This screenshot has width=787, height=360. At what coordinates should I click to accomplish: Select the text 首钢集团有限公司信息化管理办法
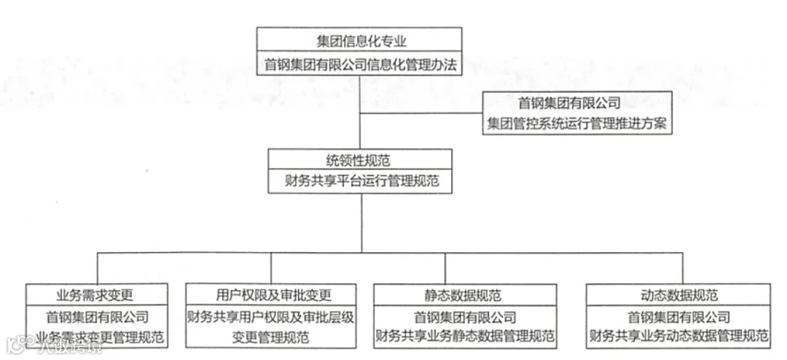(x=359, y=64)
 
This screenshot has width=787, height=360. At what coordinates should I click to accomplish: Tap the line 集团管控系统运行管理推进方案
(x=577, y=123)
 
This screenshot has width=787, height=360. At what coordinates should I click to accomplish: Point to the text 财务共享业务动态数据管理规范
(x=678, y=336)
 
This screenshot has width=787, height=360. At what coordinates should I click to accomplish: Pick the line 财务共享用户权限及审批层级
(x=271, y=317)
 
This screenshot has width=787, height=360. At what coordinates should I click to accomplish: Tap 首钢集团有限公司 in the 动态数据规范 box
(x=678, y=317)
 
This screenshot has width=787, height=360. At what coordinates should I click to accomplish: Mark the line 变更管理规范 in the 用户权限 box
(x=271, y=337)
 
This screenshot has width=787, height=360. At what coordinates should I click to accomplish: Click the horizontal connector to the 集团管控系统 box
(x=423, y=113)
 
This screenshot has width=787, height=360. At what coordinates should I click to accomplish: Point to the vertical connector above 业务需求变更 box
(x=98, y=268)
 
